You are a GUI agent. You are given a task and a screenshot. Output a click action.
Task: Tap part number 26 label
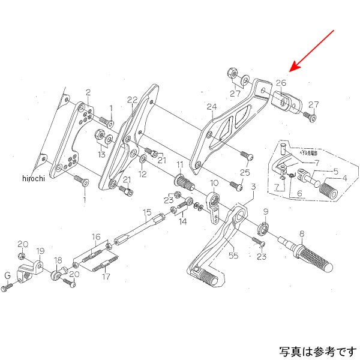pos(281,83)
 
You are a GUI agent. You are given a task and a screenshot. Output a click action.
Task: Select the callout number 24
pos(211,107)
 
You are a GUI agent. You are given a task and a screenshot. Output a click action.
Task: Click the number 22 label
pos(133,100)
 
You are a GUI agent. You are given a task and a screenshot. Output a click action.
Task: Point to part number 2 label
pos(88,92)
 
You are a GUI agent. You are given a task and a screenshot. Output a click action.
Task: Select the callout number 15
pos(146,212)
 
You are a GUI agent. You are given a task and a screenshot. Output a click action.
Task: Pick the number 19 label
pos(41,251)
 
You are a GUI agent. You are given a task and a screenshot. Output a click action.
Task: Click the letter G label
pos(8,275)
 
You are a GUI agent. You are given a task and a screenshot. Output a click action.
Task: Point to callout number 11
pos(179,164)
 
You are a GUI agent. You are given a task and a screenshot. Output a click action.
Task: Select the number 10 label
pos(214,182)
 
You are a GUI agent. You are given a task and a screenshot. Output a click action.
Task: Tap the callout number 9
pos(266,212)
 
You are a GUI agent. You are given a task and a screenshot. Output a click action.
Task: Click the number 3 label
pos(254,187)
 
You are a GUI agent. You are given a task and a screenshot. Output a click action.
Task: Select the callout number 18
pos(58,261)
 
